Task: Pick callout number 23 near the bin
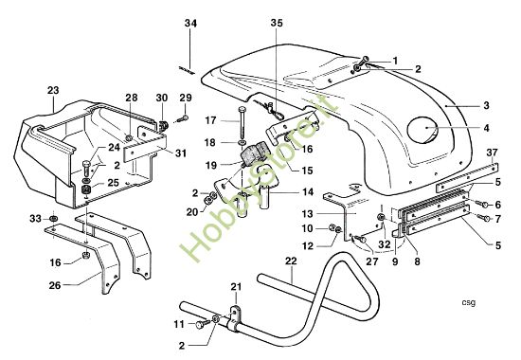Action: coord(51,90)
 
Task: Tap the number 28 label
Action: coord(131,99)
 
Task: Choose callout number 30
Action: coord(161,99)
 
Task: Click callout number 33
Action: coord(35,219)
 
